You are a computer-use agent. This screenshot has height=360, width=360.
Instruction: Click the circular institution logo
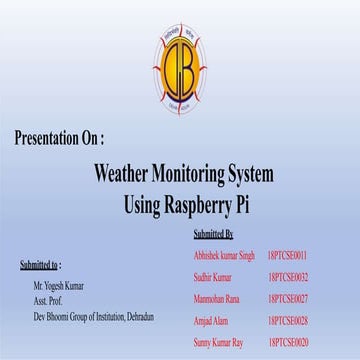[180, 58]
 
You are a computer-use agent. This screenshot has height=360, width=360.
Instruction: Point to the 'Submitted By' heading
[213, 234]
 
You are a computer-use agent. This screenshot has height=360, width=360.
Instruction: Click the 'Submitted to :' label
[40, 265]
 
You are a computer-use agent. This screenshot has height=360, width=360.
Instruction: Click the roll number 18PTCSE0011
[287, 255]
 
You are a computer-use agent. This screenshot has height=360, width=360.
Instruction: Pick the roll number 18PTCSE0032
[287, 276]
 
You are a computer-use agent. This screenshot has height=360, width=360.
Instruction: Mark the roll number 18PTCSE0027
[287, 298]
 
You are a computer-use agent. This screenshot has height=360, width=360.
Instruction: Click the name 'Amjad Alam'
[209, 321]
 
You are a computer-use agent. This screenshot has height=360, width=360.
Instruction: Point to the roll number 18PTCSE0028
[287, 321]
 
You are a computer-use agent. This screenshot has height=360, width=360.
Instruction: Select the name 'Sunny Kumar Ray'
[218, 342]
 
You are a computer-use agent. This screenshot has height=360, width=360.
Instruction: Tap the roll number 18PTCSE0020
[287, 342]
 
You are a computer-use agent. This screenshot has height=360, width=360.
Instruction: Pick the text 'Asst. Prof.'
[47, 300]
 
